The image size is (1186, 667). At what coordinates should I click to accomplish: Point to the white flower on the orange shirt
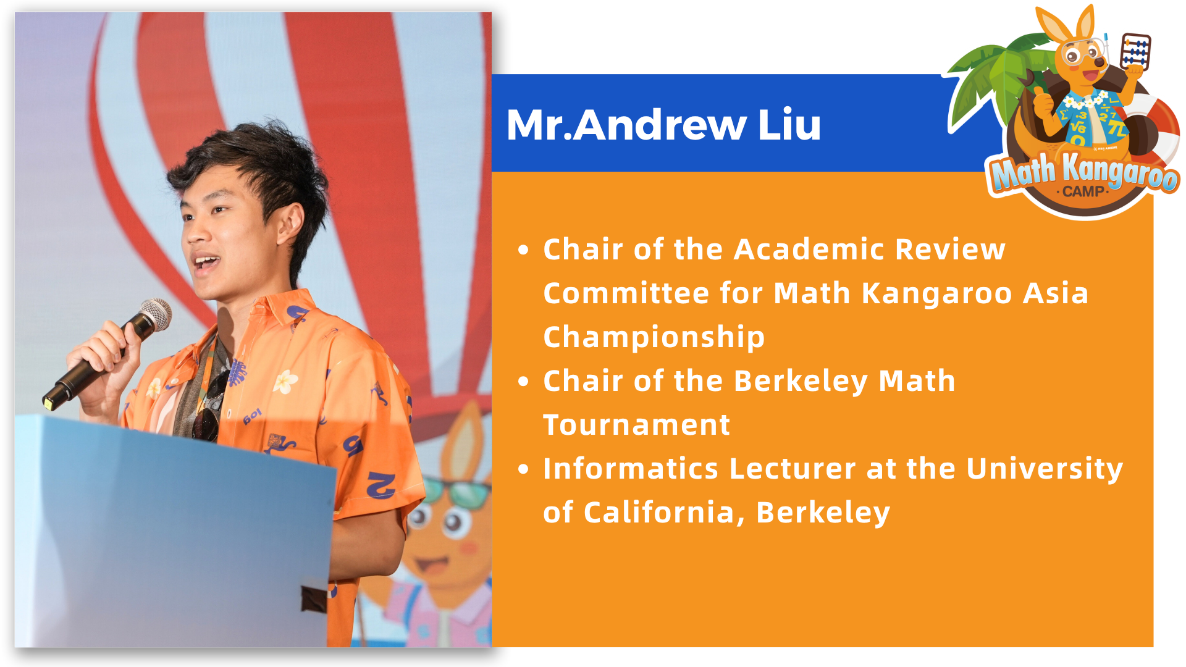coord(285,381)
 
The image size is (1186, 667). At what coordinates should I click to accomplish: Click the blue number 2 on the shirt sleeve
coord(381,485)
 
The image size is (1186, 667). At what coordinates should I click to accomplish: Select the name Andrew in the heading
coord(660,125)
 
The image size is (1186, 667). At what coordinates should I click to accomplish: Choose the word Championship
coord(654,338)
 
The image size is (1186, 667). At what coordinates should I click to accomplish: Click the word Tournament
coord(636,425)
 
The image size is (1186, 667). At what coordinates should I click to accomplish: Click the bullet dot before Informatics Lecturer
coord(524,469)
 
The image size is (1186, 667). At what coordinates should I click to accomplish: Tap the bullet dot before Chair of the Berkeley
coord(524,382)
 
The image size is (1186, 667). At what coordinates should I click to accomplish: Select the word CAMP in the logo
coord(1083,191)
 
